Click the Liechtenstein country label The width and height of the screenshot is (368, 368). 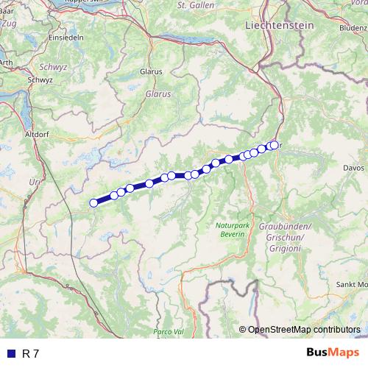279,24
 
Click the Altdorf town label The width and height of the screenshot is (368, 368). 37,135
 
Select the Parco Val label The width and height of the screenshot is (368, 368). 169,333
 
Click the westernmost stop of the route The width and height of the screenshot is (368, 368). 93,203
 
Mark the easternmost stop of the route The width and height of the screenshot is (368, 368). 275,145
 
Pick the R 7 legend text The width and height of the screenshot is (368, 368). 30,354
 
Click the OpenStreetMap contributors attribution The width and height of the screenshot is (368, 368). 302,330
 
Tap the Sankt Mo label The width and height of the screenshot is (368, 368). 351,284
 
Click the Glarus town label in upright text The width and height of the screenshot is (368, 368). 150,72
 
